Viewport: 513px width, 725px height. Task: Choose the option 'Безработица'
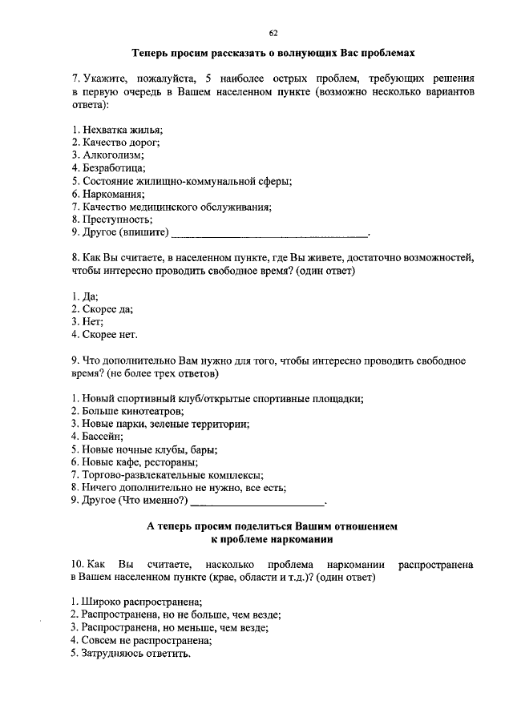coord(113,168)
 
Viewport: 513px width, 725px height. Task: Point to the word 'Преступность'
coord(116,220)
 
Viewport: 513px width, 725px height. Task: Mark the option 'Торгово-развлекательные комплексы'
coord(172,476)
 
